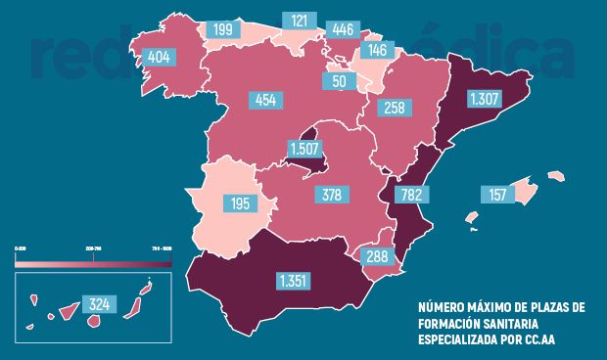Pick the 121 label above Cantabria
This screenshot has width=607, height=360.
(299, 21)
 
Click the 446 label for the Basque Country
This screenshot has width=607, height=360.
(343, 28)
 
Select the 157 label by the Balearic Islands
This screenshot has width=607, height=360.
(496, 195)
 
